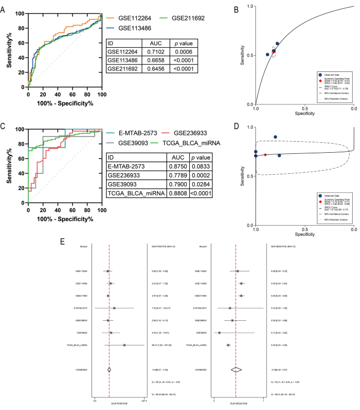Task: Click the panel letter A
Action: click(4, 7)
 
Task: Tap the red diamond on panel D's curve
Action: click(265, 155)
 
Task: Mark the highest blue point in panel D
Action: click(275, 137)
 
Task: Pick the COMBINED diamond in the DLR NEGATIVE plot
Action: click(236, 369)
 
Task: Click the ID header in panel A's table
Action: click(111, 44)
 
